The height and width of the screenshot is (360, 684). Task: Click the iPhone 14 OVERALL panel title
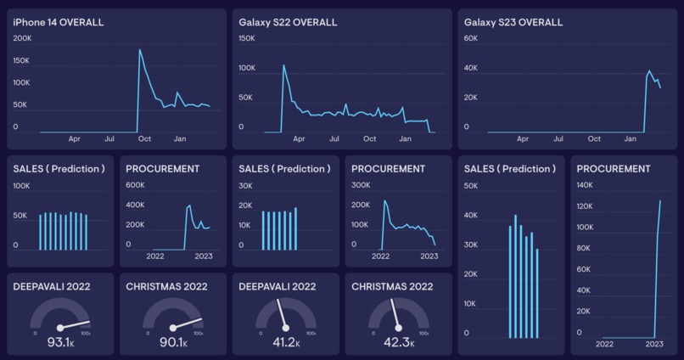pyautogui.click(x=59, y=22)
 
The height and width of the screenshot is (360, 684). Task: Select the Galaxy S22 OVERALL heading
pyautogui.click(x=288, y=22)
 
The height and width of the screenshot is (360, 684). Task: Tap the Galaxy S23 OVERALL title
pyautogui.click(x=513, y=22)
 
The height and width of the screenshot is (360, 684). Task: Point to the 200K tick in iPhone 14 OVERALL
pyautogui.click(x=22, y=38)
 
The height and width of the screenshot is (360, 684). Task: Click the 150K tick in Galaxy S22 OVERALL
pyautogui.click(x=247, y=38)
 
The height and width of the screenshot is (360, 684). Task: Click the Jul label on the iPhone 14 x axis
pyautogui.click(x=109, y=138)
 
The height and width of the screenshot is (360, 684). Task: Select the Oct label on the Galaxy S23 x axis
pyautogui.click(x=594, y=138)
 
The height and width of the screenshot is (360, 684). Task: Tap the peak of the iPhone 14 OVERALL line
pyautogui.click(x=140, y=49)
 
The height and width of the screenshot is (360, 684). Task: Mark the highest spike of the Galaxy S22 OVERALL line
pyautogui.click(x=283, y=65)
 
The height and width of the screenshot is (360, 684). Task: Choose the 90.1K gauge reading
pyautogui.click(x=174, y=342)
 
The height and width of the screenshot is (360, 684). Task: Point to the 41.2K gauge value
pyautogui.click(x=286, y=342)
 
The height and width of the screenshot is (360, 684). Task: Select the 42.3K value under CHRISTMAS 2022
pyautogui.click(x=399, y=342)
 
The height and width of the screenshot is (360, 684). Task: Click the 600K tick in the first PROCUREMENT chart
pyautogui.click(x=136, y=185)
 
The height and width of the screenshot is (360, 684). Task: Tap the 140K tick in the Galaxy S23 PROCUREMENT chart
pyautogui.click(x=585, y=185)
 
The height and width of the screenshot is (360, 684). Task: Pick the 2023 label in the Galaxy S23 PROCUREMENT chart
pyautogui.click(x=654, y=344)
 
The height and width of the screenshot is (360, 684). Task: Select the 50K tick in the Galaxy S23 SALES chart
pyautogui.click(x=471, y=185)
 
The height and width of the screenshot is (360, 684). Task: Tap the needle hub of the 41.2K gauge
pyautogui.click(x=286, y=328)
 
